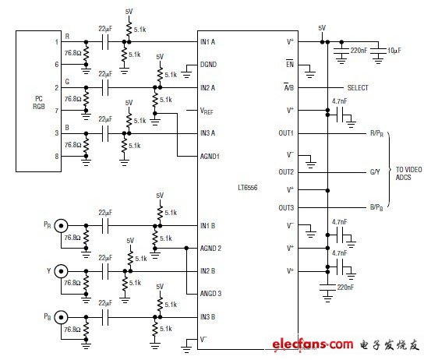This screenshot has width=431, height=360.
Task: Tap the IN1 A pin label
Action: (208, 41)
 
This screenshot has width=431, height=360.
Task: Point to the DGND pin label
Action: (209, 65)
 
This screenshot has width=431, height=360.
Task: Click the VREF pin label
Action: (207, 111)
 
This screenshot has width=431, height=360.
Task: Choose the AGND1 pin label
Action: (210, 156)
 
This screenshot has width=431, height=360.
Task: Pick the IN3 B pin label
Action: (208, 317)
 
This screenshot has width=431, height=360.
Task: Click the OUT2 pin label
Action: (288, 171)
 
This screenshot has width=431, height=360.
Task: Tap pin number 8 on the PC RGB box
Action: (56, 156)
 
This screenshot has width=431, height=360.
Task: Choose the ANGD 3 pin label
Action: (210, 294)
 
